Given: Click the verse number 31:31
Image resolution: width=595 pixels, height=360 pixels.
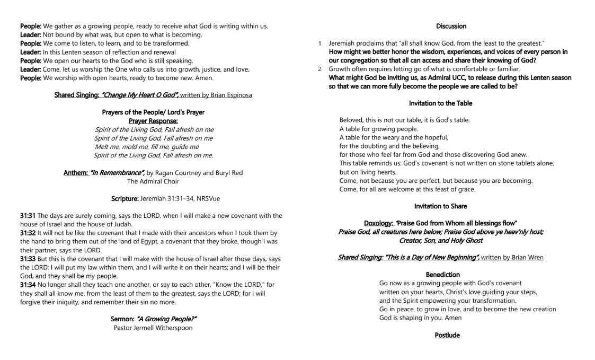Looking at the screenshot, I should coord(28,215).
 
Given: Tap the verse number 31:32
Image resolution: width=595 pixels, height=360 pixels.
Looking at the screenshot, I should coord(28,232).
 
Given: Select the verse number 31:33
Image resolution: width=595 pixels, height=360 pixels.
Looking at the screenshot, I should coord(28,259).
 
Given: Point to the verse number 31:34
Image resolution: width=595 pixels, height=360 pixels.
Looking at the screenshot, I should coord(28,285).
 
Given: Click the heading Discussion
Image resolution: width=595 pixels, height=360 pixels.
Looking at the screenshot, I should coord(451,26).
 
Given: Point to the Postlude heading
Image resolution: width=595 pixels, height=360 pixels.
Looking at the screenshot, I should coord(447,335).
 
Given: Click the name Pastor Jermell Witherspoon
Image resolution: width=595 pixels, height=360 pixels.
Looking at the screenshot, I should coord(153,328).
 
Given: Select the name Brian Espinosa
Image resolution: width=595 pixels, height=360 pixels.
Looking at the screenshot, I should coord(232,95).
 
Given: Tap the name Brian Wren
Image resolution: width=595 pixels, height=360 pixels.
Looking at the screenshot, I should coord(526,258).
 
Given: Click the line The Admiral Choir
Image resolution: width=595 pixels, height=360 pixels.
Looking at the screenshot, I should coord(153,181).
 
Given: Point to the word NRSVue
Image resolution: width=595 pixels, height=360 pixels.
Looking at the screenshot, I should coord(207,199).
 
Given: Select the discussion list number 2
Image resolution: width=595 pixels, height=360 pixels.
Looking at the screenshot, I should coord(320,69).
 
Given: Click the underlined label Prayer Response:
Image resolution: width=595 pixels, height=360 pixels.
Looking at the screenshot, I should coord(153,121).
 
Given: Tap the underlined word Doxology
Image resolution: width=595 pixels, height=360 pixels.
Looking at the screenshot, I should coord(378,223).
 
